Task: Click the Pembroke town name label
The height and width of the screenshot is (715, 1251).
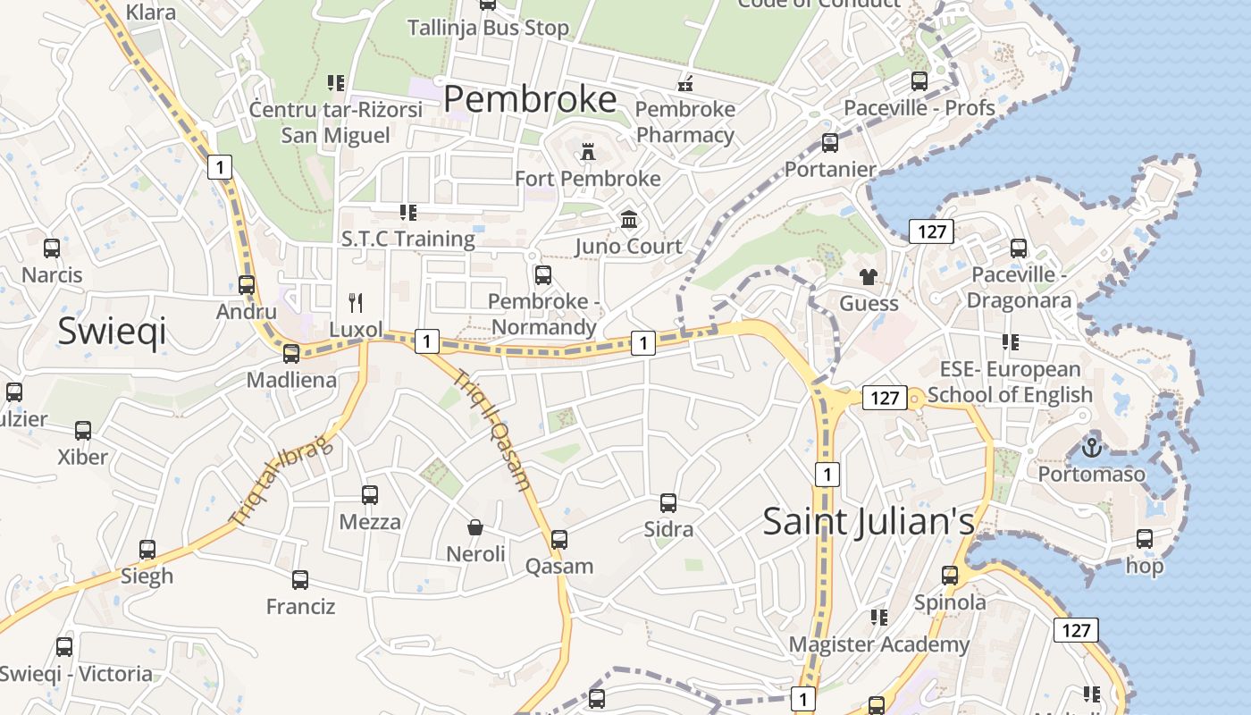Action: coord(530,98)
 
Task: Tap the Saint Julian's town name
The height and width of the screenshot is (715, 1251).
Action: coord(868,521)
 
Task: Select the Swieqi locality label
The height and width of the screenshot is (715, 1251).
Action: coord(112,331)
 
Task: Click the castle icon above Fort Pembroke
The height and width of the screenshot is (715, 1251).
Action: coord(588,152)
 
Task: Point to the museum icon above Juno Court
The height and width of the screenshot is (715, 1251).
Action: coord(629,219)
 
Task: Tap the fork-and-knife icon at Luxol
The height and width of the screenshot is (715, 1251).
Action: coord(356,302)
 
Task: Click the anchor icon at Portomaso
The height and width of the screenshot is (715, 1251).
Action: coord(1091,447)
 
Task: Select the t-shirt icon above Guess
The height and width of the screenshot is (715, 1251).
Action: coord(869,276)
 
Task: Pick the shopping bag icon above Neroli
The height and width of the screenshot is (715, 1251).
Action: coord(475,527)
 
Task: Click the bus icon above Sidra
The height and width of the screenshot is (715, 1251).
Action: coord(668,503)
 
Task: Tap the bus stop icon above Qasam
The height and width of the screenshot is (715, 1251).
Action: coord(559,540)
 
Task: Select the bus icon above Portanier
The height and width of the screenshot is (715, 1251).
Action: coord(830,143)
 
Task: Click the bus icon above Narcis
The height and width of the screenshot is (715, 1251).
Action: coord(52,248)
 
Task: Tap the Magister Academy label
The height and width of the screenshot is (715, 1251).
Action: coord(878,643)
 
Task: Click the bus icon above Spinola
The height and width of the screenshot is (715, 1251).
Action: coord(950,576)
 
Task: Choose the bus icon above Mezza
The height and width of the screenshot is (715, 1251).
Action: coord(370,495)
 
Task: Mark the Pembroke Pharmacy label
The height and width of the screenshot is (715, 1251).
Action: coord(685,122)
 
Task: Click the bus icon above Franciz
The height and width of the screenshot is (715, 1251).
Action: coord(300,580)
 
